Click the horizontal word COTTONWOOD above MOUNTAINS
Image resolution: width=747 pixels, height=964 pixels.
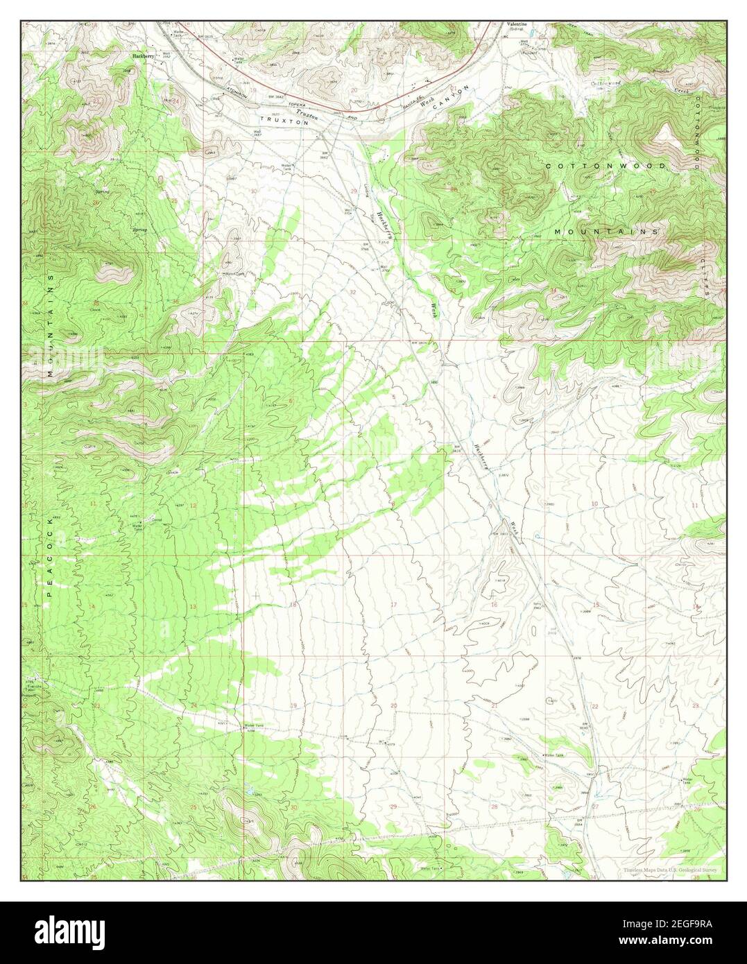(x=606, y=166)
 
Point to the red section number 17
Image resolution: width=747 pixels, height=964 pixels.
(x=393, y=605)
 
